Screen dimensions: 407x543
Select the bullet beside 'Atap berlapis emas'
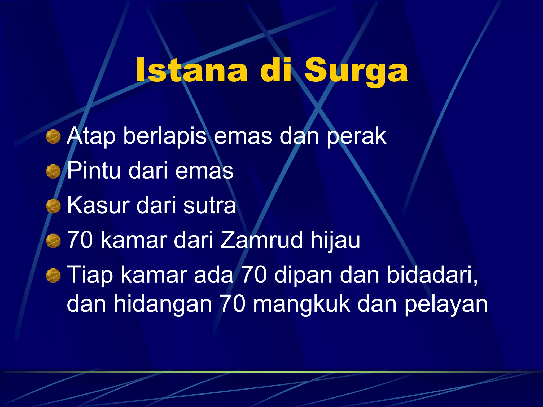[53, 137]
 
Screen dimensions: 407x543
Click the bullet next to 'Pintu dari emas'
[53, 171]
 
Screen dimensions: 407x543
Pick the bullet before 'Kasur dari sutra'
[53, 206]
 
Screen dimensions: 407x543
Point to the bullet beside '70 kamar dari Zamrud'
[53, 241]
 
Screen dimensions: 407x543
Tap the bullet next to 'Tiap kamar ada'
[53, 275]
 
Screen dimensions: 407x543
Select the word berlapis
[165, 136]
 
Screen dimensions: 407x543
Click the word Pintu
[94, 171]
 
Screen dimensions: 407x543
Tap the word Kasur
[98, 205]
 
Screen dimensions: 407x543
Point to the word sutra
[209, 206]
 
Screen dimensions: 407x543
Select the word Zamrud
[261, 240]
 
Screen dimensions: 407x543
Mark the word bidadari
[432, 275]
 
